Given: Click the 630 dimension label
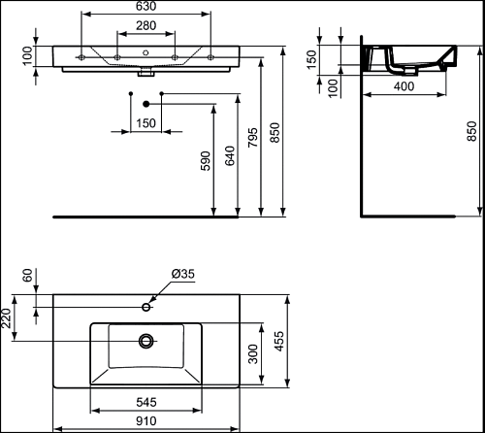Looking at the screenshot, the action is [145, 6].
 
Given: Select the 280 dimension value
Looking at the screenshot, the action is [145, 25].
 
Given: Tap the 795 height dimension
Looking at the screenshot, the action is [253, 138].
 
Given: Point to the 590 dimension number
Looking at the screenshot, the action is [206, 161].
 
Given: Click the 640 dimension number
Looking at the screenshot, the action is [230, 155].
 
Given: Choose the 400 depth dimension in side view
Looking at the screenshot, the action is [404, 86].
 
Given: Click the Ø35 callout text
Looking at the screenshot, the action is [183, 274].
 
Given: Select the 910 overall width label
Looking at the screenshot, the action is [146, 421].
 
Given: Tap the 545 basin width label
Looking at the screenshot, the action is [146, 402].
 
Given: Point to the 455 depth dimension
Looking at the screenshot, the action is [278, 341].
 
